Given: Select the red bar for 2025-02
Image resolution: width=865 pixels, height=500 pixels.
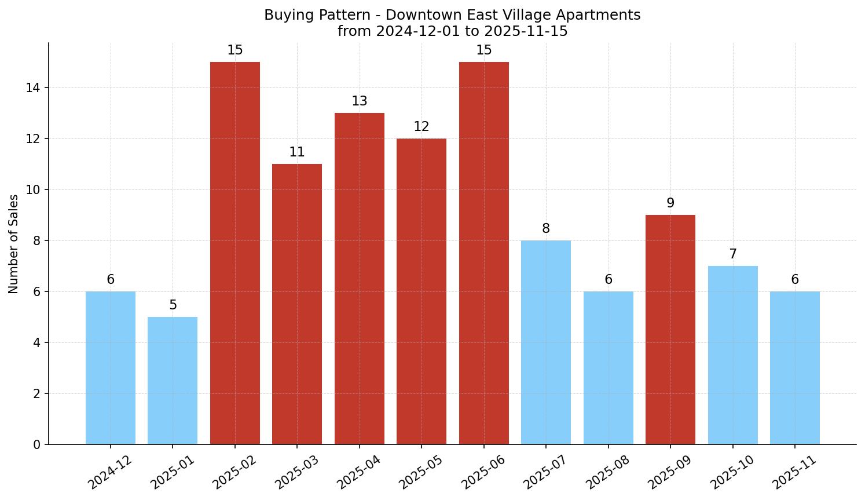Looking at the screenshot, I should click(x=234, y=253).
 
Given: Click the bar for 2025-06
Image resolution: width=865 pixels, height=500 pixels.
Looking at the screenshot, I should click(x=483, y=253).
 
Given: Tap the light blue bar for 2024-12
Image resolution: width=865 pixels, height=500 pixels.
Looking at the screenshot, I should click(x=110, y=367).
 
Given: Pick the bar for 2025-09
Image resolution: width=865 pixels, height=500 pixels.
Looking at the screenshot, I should click(x=670, y=329).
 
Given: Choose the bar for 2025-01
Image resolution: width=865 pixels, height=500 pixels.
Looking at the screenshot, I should click(x=173, y=380).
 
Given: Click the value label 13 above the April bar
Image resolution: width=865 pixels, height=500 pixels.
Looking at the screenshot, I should click(x=359, y=101).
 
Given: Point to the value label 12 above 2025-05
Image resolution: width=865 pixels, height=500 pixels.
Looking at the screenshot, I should click(x=421, y=127).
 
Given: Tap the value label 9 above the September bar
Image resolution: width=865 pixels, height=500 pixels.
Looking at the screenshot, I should click(x=670, y=203).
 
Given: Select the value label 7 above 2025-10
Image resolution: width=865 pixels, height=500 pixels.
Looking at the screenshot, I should click(x=732, y=254).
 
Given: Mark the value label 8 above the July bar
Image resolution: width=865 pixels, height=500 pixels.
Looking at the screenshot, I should click(x=545, y=229).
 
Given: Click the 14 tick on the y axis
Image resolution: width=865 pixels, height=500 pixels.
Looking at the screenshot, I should click(x=32, y=88).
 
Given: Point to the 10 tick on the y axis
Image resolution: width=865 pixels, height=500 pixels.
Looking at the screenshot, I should click(x=32, y=190).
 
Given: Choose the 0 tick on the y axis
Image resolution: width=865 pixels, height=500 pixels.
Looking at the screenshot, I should click(x=36, y=445).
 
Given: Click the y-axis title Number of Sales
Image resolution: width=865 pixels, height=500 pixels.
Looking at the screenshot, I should click(x=14, y=244).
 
